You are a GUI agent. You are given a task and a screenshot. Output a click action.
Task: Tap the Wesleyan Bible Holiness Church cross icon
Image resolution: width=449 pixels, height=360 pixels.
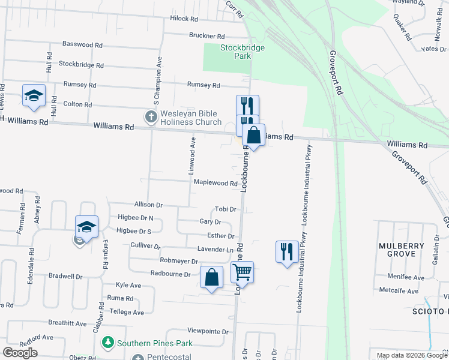(x=150, y=116)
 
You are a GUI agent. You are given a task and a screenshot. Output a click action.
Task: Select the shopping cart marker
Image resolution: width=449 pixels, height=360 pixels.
(x=242, y=272)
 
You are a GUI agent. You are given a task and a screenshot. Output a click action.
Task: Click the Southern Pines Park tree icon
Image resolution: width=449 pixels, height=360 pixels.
(x=108, y=343)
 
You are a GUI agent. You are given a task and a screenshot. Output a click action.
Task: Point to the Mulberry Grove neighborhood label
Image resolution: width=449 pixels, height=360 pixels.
(x=397, y=250)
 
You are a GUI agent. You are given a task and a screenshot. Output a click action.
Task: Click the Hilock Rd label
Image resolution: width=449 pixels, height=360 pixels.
(x=184, y=19)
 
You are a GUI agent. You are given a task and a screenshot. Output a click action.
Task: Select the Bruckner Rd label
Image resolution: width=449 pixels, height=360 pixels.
(x=206, y=36)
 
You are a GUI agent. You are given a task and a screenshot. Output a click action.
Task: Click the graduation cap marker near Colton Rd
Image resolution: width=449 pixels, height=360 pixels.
(x=34, y=95)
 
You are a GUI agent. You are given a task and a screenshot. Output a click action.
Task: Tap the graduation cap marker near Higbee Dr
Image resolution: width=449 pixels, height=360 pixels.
(x=86, y=227)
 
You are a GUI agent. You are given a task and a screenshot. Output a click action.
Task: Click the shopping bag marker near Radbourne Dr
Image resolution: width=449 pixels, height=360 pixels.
(x=211, y=277)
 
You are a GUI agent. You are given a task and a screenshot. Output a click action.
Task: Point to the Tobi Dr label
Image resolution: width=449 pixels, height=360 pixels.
(x=226, y=209)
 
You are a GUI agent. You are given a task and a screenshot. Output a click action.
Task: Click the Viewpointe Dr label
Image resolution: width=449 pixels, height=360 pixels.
(x=208, y=331)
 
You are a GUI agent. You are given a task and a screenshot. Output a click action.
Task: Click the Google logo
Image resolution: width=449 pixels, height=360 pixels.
(x=20, y=353)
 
